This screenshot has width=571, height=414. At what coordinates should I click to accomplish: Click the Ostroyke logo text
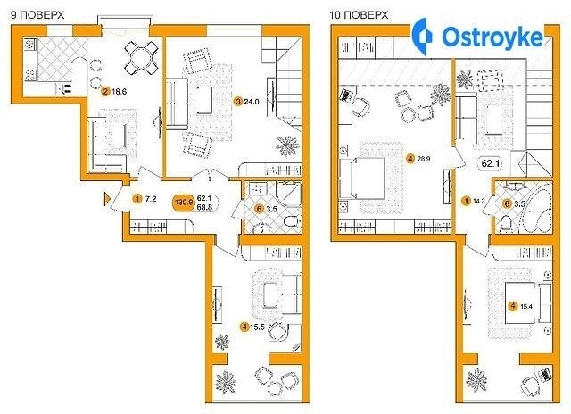(x=492, y=37)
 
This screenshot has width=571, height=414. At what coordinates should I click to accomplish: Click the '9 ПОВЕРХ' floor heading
(x=37, y=15)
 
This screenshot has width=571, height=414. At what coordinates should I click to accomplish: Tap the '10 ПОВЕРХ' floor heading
(x=359, y=15)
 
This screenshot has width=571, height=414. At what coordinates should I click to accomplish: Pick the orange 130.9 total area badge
(x=185, y=203)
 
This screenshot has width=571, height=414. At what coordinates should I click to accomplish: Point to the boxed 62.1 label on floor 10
(x=490, y=163)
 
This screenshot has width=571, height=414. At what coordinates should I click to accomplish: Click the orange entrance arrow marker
(x=107, y=199)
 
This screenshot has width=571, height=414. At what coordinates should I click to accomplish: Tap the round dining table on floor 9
(x=142, y=57)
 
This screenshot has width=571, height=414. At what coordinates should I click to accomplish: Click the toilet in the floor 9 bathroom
(x=292, y=221)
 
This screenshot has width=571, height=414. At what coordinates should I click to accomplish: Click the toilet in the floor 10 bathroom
(x=507, y=222)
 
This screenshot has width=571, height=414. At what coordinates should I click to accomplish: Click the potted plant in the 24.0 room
(x=287, y=145)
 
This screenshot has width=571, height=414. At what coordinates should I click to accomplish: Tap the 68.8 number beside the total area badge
(x=204, y=207)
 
